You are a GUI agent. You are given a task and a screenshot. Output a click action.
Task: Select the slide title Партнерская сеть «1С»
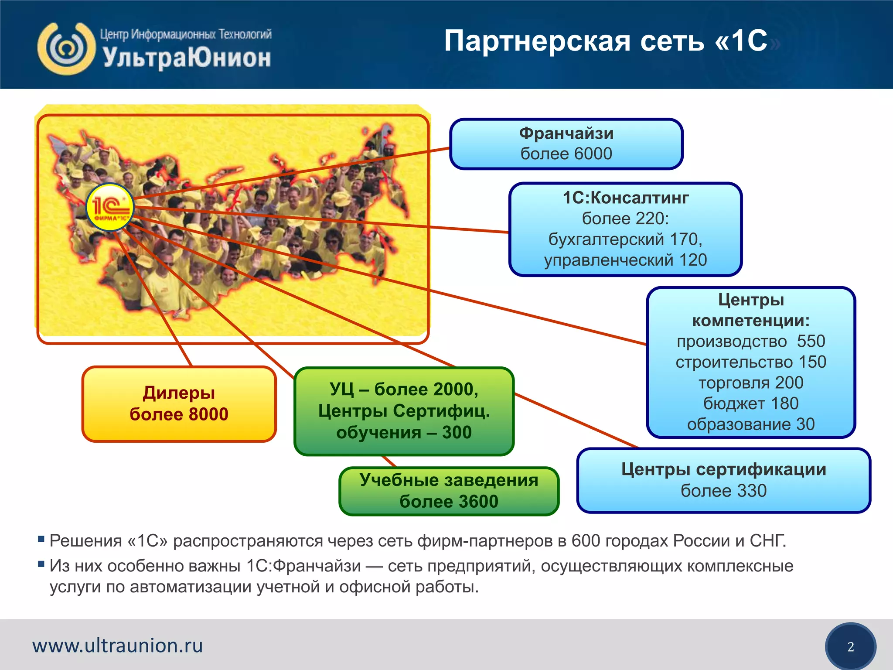[x=606, y=41]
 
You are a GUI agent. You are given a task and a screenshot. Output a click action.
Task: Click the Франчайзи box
[x=566, y=144]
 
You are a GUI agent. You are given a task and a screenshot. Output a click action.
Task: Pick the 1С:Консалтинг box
[x=625, y=229]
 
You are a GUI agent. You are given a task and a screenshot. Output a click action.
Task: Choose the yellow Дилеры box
[x=179, y=404]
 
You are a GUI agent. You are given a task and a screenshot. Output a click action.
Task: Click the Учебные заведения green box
[x=449, y=491]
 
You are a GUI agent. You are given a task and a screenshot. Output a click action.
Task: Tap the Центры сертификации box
[x=723, y=480]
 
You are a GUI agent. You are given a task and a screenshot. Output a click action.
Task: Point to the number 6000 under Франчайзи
[x=593, y=154]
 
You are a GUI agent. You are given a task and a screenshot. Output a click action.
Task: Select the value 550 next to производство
[x=811, y=341]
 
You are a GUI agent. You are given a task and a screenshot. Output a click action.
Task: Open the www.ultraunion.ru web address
[x=118, y=646]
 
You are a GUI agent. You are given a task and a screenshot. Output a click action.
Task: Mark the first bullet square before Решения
[x=41, y=539]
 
